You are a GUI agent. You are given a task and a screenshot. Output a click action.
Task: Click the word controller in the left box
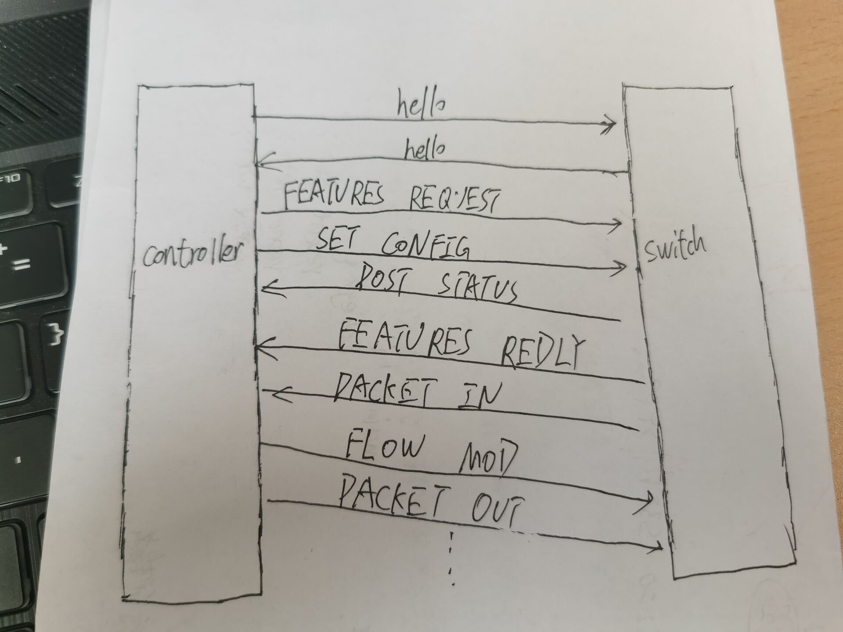(192, 254)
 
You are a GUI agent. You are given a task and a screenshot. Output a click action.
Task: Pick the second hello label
(424, 151)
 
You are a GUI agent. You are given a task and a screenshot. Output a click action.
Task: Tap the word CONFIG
(425, 246)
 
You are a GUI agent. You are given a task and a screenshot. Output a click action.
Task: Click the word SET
(336, 239)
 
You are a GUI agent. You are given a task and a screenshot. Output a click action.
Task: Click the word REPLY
(543, 351)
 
